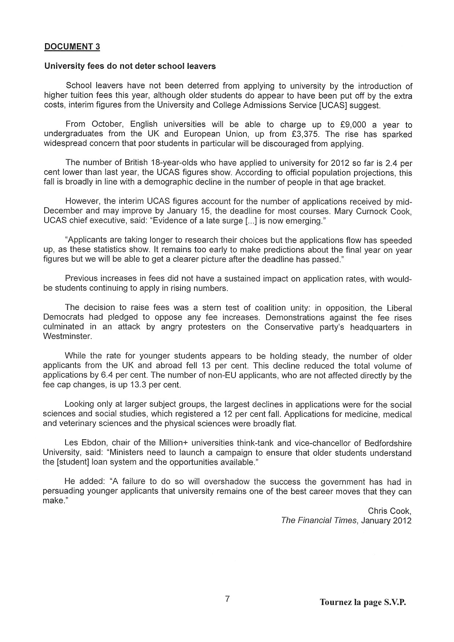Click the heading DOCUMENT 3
coord(72,46)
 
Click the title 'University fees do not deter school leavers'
coord(130,66)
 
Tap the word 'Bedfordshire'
coord(388,443)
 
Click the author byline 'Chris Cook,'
coord(390,511)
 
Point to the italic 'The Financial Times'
coord(319,520)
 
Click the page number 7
coord(227,599)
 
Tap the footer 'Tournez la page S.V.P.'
coord(363,602)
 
